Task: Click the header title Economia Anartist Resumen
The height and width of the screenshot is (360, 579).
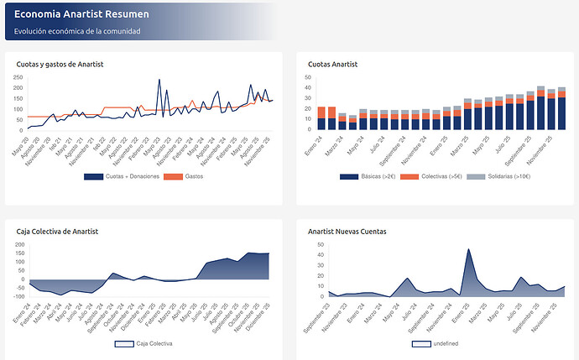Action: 82,13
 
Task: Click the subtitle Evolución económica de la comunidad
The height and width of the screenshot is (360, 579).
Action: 77,31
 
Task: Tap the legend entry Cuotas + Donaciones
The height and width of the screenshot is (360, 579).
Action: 121,176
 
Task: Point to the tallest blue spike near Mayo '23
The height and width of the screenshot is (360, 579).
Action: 159,81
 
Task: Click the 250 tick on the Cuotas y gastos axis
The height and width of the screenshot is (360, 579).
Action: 18,77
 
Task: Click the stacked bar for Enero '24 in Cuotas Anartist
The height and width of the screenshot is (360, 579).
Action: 321,118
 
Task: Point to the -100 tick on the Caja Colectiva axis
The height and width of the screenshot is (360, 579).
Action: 19,295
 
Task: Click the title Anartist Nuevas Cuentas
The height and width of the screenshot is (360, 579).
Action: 347,229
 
